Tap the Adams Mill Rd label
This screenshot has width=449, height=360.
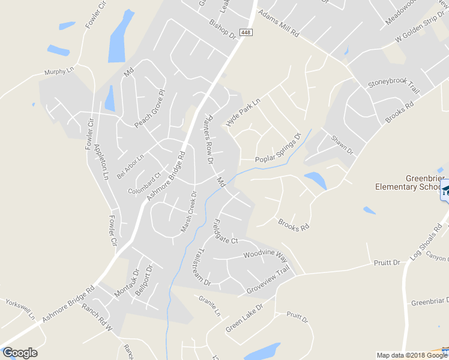pyautogui.click(x=278, y=23)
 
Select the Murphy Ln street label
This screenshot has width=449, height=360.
pyautogui.click(x=59, y=72)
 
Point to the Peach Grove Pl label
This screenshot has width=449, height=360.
pyautogui.click(x=149, y=109)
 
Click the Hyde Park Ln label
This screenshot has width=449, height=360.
pyautogui.click(x=244, y=110)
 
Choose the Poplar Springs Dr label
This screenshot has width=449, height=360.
pyautogui.click(x=277, y=151)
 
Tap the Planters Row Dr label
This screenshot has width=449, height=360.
pyautogui.click(x=207, y=139)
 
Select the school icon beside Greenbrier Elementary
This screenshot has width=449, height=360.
pyautogui.click(x=445, y=191)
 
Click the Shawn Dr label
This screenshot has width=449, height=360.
pyautogui.click(x=343, y=146)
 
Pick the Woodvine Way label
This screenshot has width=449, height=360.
pyautogui.click(x=265, y=256)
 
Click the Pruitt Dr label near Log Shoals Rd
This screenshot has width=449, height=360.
pyautogui.click(x=387, y=263)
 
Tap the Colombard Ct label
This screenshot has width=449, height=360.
pyautogui.click(x=145, y=183)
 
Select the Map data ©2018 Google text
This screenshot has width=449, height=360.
pyautogui.click(x=411, y=355)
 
